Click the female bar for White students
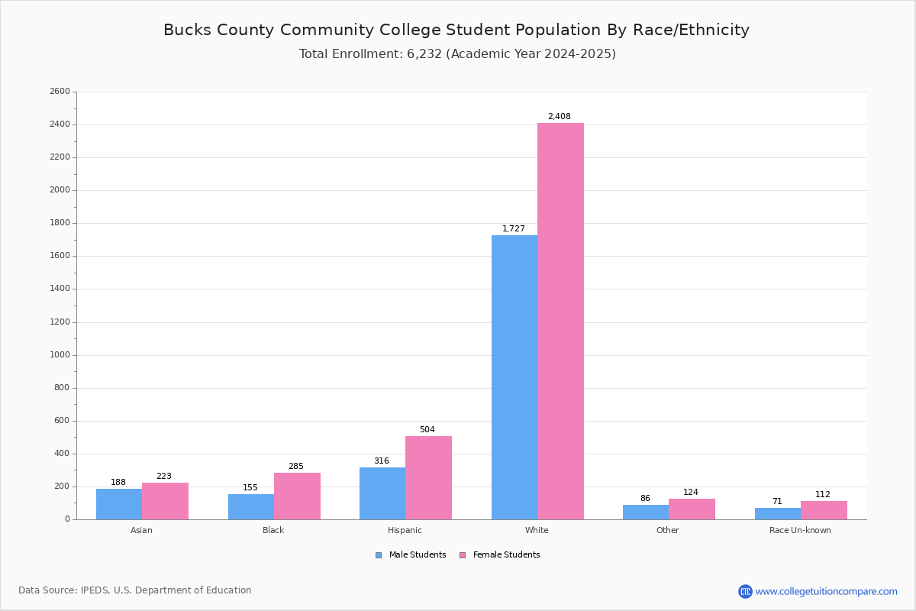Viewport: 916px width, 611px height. [x=560, y=321]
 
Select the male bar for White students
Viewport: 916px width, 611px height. [x=514, y=377]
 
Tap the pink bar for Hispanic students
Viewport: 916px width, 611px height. [x=428, y=477]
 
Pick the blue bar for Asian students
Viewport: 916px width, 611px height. [x=119, y=504]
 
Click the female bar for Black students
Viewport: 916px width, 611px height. [x=297, y=496]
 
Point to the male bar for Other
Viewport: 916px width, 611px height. [x=646, y=512]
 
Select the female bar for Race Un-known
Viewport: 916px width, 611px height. [x=824, y=510]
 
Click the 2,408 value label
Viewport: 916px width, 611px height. [x=559, y=117]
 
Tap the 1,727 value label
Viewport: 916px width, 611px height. [x=514, y=229]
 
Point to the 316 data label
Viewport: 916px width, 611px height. [x=382, y=461]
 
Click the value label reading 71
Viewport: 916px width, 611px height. [x=777, y=502]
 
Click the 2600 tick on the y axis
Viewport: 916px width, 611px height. [x=60, y=92]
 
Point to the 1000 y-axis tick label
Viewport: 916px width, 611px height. [x=60, y=355]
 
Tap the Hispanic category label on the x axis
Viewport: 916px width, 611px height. [x=405, y=530]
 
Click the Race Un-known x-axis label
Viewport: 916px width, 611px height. [x=800, y=530]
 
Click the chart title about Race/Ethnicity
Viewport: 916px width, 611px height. [x=456, y=31]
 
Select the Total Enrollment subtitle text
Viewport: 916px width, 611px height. [x=457, y=54]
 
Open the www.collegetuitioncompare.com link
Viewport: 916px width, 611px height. [x=826, y=591]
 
